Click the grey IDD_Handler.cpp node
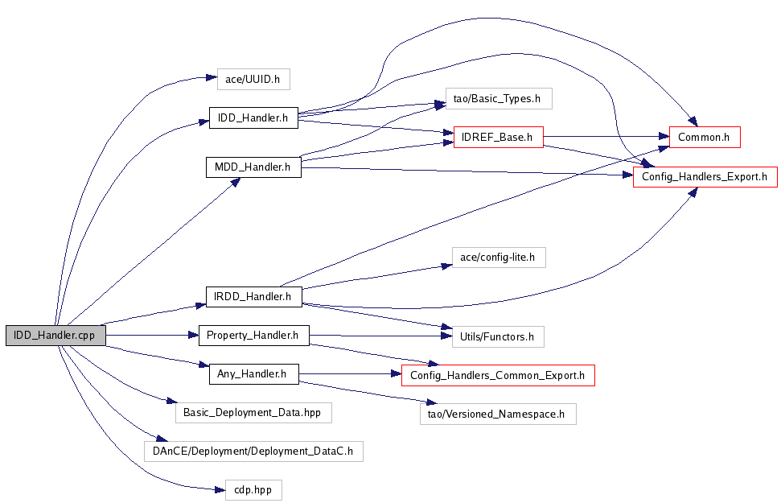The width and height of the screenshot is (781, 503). (55, 336)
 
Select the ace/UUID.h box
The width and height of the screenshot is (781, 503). (253, 79)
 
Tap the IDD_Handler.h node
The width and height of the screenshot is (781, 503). (253, 118)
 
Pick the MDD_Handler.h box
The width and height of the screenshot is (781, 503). (253, 167)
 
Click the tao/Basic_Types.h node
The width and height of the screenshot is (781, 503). (492, 99)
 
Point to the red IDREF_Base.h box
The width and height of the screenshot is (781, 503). (499, 138)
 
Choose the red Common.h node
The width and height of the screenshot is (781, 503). (704, 138)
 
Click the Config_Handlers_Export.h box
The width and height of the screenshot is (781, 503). (705, 177)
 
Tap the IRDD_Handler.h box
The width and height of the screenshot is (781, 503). (253, 297)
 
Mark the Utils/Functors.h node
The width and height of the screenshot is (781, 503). (492, 336)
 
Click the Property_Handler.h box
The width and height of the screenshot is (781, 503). (253, 335)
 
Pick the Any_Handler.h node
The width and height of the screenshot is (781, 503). (253, 374)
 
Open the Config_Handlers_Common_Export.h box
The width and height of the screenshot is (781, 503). (498, 375)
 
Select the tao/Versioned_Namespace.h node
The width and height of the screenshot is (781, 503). (499, 414)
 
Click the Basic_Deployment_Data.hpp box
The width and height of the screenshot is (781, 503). (253, 412)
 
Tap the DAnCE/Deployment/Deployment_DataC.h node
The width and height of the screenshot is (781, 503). (253, 451)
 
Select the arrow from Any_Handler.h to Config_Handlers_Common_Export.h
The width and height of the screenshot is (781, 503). (350, 374)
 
